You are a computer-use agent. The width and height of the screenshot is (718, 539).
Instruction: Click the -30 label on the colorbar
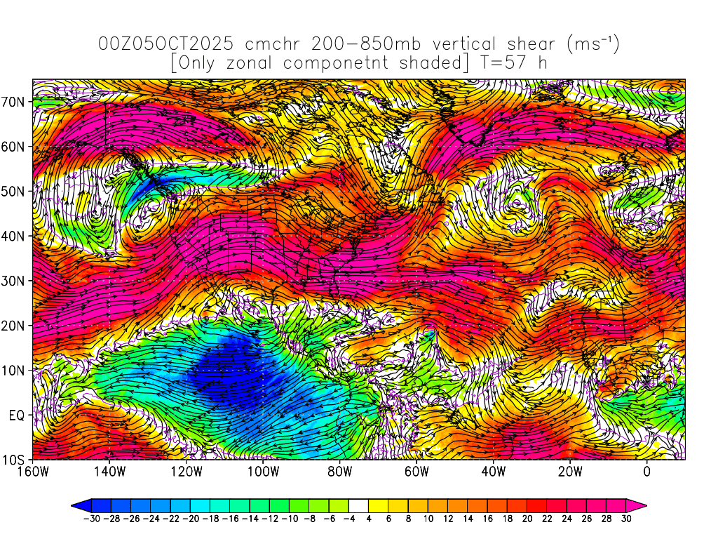[90, 520]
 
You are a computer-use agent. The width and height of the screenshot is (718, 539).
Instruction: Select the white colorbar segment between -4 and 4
[358, 505]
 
